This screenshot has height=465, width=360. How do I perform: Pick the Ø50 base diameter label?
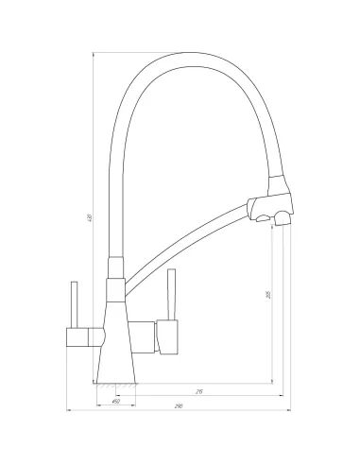pyautogui.click(x=115, y=402)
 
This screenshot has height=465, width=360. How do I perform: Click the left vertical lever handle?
pyautogui.click(x=72, y=303)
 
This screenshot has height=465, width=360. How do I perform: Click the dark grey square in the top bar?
pyautogui.click(x=189, y=47)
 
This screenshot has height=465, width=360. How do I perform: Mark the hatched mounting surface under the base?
pyautogui.click(x=115, y=385)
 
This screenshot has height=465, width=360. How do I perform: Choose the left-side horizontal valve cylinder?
pyautogui.click(x=80, y=335)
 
